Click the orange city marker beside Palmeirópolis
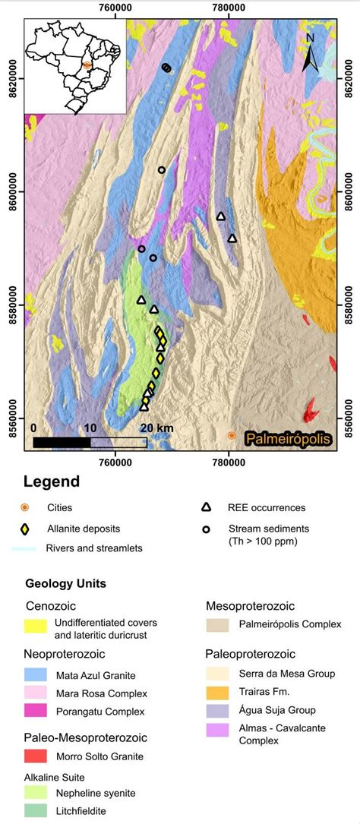pyautogui.click(x=232, y=435)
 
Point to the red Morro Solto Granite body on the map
pyautogui.click(x=311, y=411)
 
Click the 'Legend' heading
pyautogui.click(x=51, y=481)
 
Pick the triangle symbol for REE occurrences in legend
pyautogui.click(x=205, y=507)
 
